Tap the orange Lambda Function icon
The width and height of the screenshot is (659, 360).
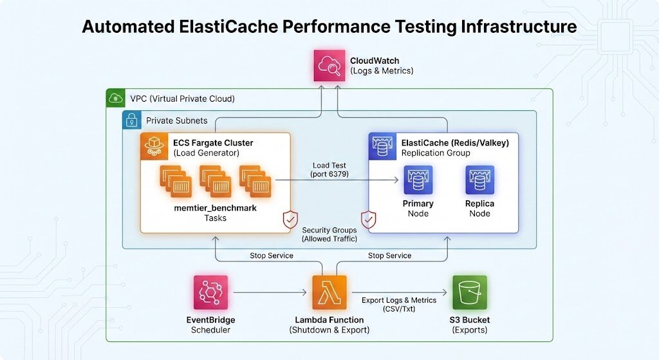(329, 292)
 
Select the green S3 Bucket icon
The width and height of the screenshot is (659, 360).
(470, 292)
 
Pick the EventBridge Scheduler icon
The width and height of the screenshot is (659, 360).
(210, 292)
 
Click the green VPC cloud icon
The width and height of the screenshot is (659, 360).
(116, 99)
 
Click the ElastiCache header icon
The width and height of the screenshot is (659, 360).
(382, 147)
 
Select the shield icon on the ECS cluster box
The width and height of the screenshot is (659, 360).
(290, 220)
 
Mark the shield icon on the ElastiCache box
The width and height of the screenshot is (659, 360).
(369, 220)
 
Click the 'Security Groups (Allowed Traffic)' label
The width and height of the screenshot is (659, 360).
(329, 234)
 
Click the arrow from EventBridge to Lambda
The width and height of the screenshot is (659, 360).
(270, 293)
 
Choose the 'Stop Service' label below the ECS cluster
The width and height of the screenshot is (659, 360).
(271, 256)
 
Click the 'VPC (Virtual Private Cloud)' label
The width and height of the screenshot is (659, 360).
(182, 99)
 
